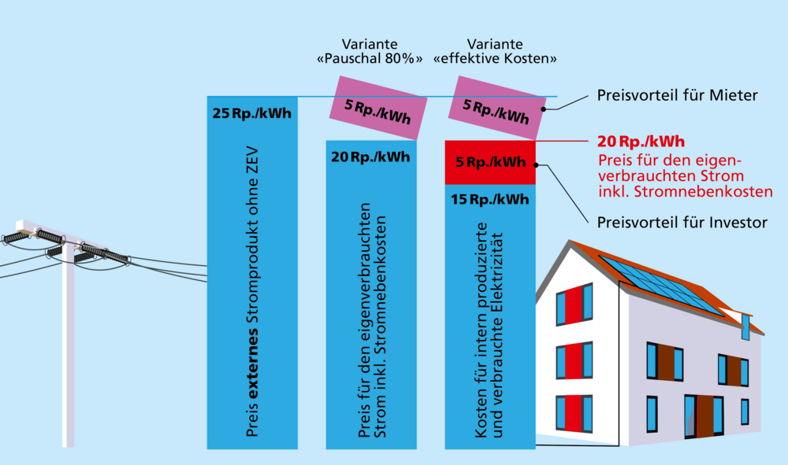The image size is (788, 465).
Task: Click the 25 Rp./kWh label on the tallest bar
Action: coord(252,113)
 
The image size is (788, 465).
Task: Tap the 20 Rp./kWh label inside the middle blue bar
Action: coord(370,157)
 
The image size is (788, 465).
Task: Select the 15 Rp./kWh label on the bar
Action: coord(489,200)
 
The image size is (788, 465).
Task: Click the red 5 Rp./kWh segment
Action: coord(490,163)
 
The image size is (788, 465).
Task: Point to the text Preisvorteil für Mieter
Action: coord(677,95)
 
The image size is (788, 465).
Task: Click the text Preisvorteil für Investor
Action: coord(682,223)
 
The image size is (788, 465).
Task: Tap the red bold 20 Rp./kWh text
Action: coord(640,142)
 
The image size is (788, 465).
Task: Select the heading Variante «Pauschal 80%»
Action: coord(370,51)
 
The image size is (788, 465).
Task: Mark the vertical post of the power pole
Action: coord(69,346)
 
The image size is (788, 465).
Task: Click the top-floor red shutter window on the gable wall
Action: coord(574,305)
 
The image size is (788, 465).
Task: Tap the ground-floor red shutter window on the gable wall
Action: coord(574,413)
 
